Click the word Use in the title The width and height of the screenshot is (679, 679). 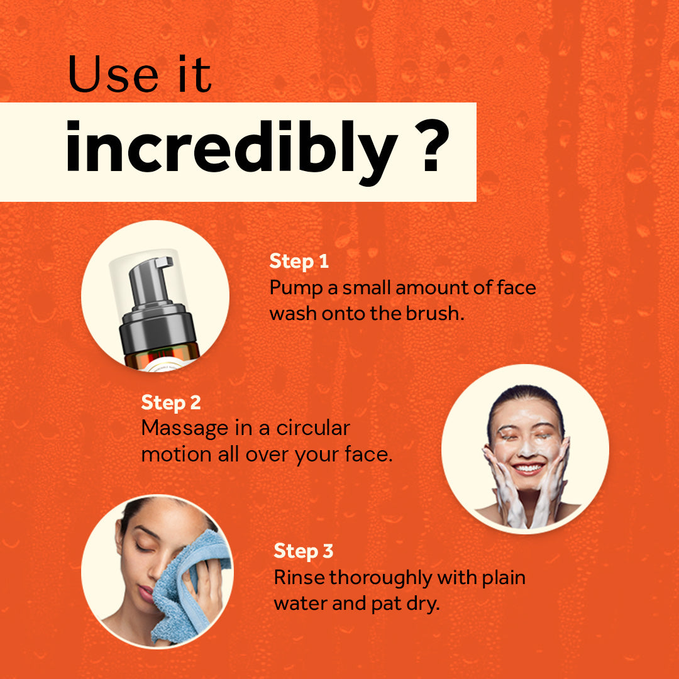(x=113, y=74)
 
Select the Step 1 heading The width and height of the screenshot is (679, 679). (x=299, y=262)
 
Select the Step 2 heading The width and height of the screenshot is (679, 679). (x=171, y=403)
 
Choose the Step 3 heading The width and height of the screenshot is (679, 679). (x=303, y=552)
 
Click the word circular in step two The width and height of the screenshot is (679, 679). (x=313, y=428)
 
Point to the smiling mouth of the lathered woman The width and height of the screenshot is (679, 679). (x=527, y=468)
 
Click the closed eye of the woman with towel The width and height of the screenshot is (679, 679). (x=143, y=547)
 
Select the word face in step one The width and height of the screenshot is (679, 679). (x=516, y=287)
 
